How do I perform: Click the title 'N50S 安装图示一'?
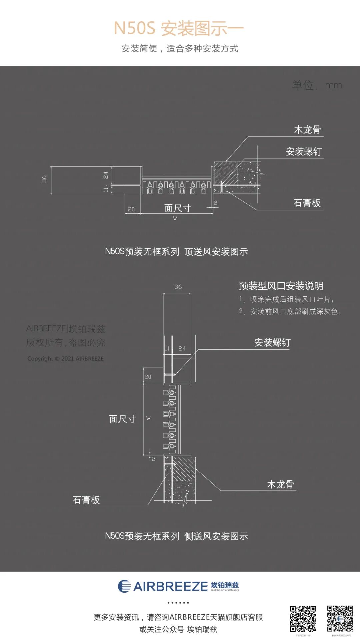(x=179, y=28)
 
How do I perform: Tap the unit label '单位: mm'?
(x=317, y=85)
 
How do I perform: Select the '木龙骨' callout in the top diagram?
(x=307, y=130)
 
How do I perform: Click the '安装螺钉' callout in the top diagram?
(x=304, y=152)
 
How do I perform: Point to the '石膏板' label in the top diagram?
(x=307, y=203)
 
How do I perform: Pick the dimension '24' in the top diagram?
(x=106, y=175)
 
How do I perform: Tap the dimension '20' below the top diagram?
(x=131, y=209)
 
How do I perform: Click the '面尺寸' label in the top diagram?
(x=177, y=208)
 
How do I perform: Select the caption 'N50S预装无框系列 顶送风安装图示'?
(x=176, y=252)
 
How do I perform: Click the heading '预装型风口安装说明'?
(x=281, y=286)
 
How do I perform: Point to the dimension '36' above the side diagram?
(x=178, y=287)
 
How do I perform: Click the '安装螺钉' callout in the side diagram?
(x=272, y=342)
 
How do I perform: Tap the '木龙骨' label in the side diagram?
(x=280, y=484)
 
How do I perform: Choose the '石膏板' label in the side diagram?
(x=86, y=500)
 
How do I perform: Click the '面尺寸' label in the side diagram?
(x=122, y=419)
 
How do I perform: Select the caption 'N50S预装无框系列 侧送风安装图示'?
(x=176, y=536)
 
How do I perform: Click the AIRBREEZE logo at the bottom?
(x=178, y=586)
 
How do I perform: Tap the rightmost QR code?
(x=340, y=619)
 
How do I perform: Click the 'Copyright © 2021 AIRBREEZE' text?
(x=65, y=359)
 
